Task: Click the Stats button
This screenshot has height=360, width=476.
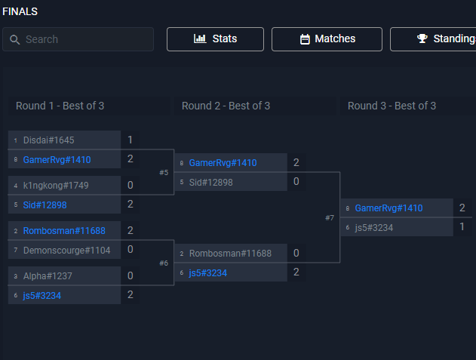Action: click(215, 39)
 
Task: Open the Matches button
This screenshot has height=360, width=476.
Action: click(327, 39)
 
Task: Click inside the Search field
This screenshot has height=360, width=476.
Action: click(78, 39)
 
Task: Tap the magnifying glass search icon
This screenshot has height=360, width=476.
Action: click(14, 39)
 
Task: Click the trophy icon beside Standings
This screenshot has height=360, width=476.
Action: click(422, 38)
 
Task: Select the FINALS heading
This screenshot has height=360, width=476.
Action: click(20, 11)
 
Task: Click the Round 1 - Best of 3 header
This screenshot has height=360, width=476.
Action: click(60, 106)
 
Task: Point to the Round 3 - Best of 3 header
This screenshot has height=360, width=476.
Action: click(392, 106)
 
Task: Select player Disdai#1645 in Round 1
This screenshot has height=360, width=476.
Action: click(48, 140)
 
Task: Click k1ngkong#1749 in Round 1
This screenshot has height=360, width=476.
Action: click(56, 186)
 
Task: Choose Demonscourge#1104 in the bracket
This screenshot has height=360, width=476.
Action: click(67, 251)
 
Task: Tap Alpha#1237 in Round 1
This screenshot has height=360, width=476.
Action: click(48, 275)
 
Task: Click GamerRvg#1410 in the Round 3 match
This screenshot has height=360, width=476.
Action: click(389, 208)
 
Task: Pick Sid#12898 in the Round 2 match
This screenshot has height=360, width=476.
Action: click(211, 183)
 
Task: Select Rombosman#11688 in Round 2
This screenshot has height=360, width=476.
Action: click(230, 254)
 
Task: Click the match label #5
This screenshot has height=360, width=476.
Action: click(164, 173)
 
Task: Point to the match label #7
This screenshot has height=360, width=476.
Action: click(330, 218)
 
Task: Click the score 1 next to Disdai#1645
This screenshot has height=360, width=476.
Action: click(131, 140)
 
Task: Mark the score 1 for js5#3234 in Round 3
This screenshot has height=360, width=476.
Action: click(462, 226)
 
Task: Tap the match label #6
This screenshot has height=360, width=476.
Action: click(164, 263)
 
